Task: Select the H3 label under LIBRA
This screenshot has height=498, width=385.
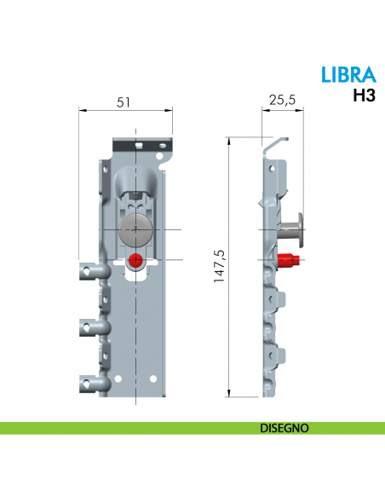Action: pos(364,96)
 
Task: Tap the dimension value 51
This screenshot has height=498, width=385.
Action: pos(124,101)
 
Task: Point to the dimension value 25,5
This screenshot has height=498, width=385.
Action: pos(282,101)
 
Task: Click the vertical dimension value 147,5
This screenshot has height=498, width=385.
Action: pos(218,267)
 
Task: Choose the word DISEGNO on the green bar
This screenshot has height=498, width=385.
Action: pos(284,427)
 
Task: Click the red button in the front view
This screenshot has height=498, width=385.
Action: pos(135,260)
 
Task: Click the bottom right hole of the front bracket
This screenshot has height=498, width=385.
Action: pos(154,379)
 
